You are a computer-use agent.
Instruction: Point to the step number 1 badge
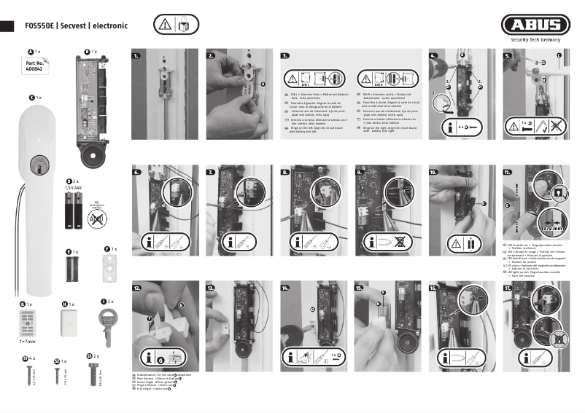(136, 55)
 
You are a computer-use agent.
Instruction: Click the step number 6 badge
(136, 172)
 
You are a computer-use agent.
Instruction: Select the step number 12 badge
(136, 288)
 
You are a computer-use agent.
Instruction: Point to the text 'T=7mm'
(28, 340)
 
